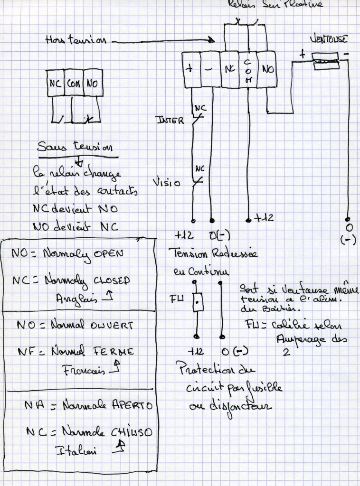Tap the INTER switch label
click(169, 121)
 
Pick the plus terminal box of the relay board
click(191, 69)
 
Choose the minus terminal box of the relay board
click(211, 69)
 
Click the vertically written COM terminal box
click(247, 70)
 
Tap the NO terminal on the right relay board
click(267, 69)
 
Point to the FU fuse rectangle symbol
click(198, 302)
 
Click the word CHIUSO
click(128, 433)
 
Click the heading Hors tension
click(76, 42)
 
